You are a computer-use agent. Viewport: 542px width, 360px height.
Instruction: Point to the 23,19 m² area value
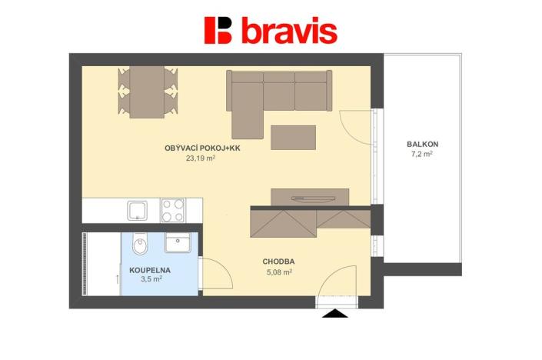(x=200, y=159)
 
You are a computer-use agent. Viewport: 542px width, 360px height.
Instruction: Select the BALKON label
(x=423, y=144)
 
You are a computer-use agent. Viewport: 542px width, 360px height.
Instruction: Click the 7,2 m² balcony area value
(x=422, y=155)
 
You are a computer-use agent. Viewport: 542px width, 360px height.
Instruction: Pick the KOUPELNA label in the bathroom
(x=150, y=271)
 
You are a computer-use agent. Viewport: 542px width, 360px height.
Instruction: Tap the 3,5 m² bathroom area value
(x=151, y=281)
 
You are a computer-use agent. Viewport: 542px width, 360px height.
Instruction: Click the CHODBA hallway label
(x=278, y=262)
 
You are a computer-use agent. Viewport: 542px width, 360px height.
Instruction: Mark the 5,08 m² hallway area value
(x=278, y=272)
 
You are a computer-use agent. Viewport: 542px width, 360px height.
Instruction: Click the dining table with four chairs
(x=147, y=92)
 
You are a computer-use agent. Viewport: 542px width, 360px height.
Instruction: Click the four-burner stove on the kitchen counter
(x=172, y=209)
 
